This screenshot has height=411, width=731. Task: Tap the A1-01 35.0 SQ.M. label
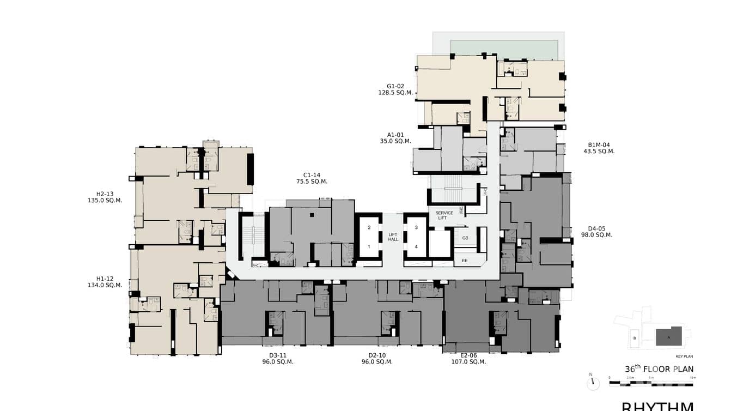point(395,138)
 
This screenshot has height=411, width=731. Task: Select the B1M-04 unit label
point(599,148)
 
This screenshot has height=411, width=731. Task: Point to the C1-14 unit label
point(312,178)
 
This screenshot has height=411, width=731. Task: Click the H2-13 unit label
point(105,197)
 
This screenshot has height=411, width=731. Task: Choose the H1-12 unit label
point(105,282)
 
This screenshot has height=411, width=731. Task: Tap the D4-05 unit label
point(596,232)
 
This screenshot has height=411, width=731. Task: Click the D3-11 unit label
point(278,358)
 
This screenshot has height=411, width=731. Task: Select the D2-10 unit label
point(377,358)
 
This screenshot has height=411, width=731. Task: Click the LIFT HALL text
point(393,237)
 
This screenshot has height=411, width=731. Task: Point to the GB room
point(465,238)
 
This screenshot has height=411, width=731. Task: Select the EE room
point(465,261)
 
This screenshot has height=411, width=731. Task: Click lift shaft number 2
point(369,227)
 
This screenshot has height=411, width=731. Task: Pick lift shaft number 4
point(416,246)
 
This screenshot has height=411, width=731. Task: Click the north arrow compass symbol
point(592,383)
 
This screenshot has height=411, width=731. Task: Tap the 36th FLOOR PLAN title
point(659,369)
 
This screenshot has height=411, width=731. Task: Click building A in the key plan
point(669,337)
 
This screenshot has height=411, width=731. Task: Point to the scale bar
point(651,384)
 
